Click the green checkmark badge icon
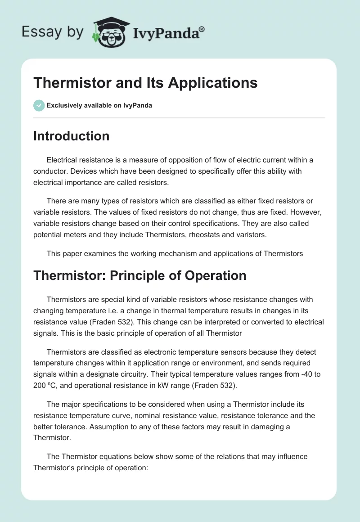pyautogui.click(x=39, y=105)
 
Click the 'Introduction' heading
pyautogui.click(x=71, y=136)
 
